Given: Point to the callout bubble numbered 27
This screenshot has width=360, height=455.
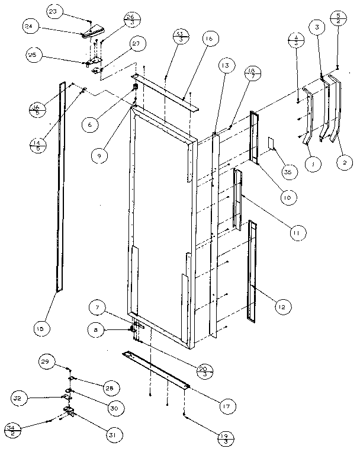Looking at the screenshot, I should coord(137,44).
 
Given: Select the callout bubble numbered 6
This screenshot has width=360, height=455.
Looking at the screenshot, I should coord(90,125).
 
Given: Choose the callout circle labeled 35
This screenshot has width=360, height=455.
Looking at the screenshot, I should coord(289,172).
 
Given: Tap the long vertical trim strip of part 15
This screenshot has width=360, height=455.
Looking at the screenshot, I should coord(60,190).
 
